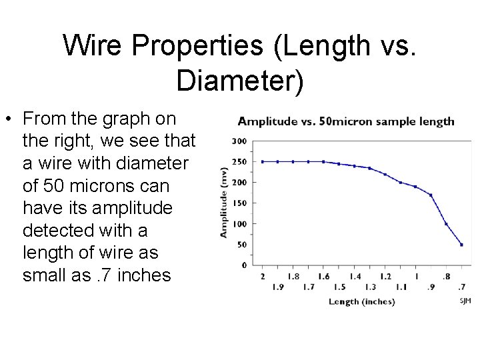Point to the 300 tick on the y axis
239,141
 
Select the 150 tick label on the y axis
239,203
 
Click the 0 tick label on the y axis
244,265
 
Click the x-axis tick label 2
262,276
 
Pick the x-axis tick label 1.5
339,287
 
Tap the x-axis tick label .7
461,287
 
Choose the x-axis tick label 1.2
385,276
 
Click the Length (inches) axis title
361,301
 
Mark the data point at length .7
461,245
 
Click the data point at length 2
262,161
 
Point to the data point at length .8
446,223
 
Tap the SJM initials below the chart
465,301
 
